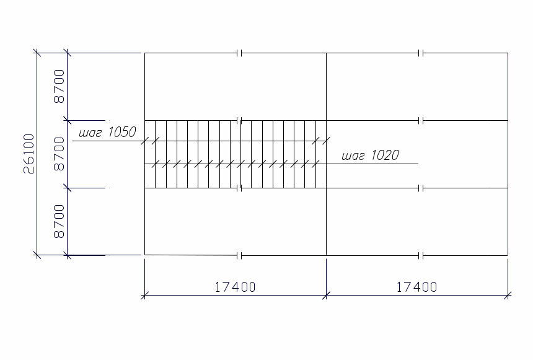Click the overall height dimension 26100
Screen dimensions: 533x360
29,154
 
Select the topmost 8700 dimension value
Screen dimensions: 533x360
59,86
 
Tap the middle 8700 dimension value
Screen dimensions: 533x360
59,154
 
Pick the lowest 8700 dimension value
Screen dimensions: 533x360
59,221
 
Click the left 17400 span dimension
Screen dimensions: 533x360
236,288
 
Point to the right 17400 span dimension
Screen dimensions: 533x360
416,288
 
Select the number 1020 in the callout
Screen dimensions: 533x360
385,155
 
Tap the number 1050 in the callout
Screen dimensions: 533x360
122,132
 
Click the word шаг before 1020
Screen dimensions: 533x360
353,156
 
